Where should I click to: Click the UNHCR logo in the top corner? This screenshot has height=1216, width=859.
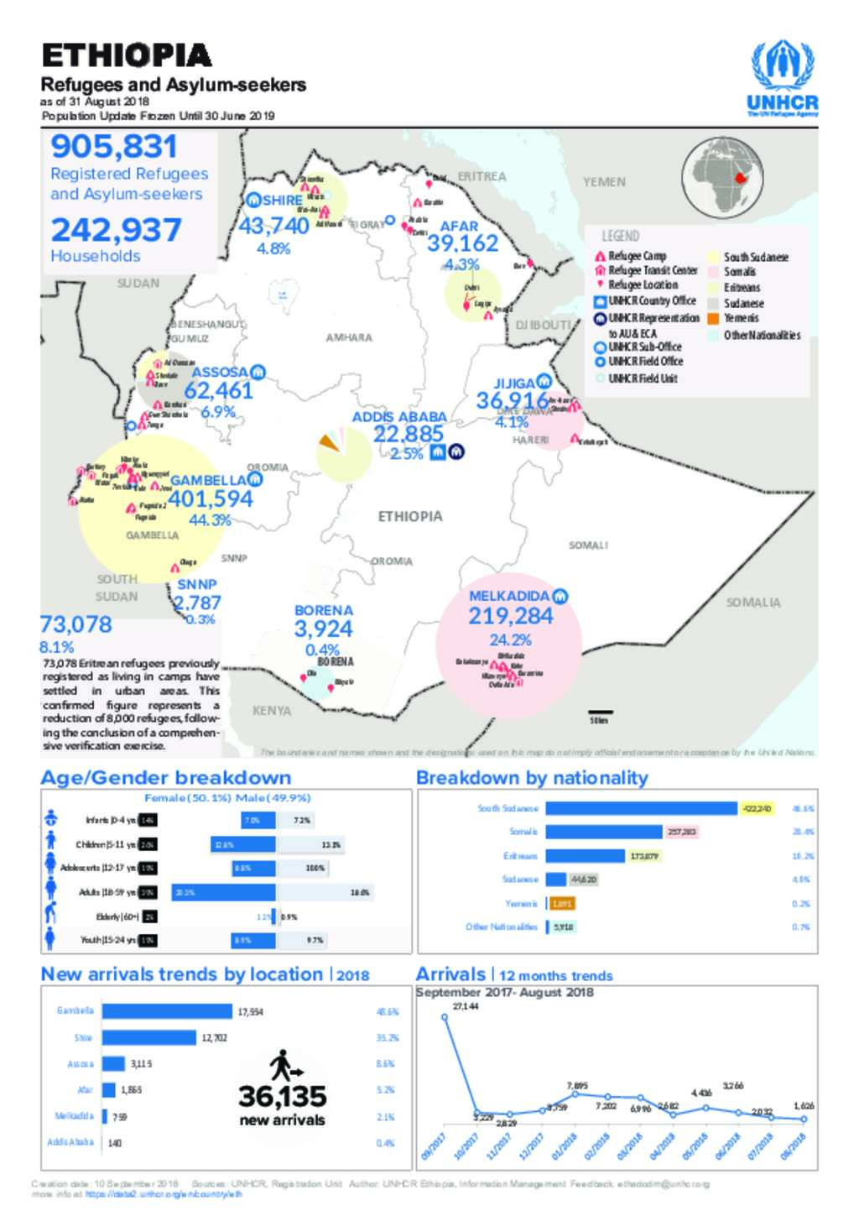(782, 77)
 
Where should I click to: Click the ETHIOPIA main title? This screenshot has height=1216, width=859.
(127, 55)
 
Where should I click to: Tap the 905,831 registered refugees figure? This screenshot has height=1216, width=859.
(114, 147)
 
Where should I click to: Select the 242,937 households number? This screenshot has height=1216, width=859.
(116, 230)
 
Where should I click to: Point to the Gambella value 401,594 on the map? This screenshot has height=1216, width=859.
(211, 498)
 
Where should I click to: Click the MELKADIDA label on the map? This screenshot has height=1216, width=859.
(509, 596)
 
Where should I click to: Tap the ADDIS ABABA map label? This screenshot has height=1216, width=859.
(399, 417)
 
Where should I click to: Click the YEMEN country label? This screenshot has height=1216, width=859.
(604, 181)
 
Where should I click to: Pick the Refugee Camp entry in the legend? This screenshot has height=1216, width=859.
(637, 256)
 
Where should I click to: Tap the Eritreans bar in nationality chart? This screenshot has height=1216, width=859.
(585, 856)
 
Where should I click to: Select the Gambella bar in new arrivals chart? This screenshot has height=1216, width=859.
(167, 1011)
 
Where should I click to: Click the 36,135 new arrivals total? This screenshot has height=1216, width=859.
(282, 1097)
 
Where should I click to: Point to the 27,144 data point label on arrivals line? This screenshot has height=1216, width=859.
(466, 1005)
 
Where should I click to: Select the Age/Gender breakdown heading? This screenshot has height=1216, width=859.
(166, 778)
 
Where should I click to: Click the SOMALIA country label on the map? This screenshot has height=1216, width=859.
(752, 603)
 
